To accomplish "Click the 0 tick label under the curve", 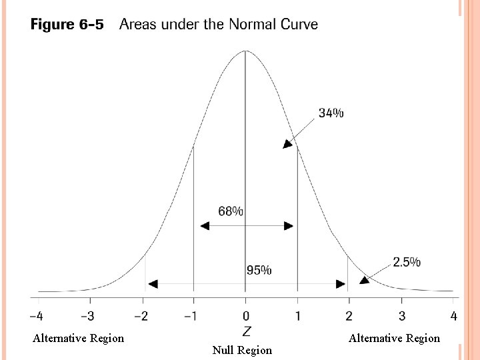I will point(245,315).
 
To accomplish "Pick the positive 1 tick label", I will point(297,315).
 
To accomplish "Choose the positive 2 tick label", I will point(349,315).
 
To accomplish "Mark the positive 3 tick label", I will point(401,315).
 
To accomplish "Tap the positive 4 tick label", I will point(453,315).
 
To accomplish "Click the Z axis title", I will point(246,331).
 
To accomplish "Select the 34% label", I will point(331,113).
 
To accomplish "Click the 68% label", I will point(231,211).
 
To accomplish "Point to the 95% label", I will point(259,270).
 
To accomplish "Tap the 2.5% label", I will point(407,262).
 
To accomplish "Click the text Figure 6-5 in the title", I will point(67,25).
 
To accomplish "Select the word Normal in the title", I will point(253,25).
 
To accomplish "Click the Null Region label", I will point(242,350).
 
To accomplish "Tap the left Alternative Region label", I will point(78,338).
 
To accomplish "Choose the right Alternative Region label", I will point(394,338).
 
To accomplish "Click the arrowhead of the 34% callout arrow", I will point(287,144).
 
